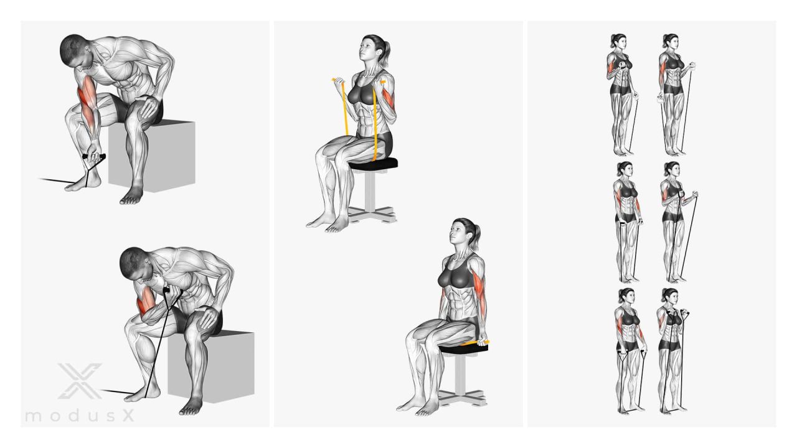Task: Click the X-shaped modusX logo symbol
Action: (x=80, y=381)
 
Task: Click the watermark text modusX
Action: (x=80, y=415)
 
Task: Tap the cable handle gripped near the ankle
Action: (x=94, y=157)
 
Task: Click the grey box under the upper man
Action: (x=152, y=156)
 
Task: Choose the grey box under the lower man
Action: (x=211, y=366)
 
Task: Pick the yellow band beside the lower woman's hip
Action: (x=475, y=343)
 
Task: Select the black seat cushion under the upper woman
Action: (x=373, y=164)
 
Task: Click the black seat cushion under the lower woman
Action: (x=464, y=348)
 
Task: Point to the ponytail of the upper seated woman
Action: (x=385, y=54)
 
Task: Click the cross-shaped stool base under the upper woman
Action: (x=372, y=215)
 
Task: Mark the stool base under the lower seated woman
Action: (x=463, y=398)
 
